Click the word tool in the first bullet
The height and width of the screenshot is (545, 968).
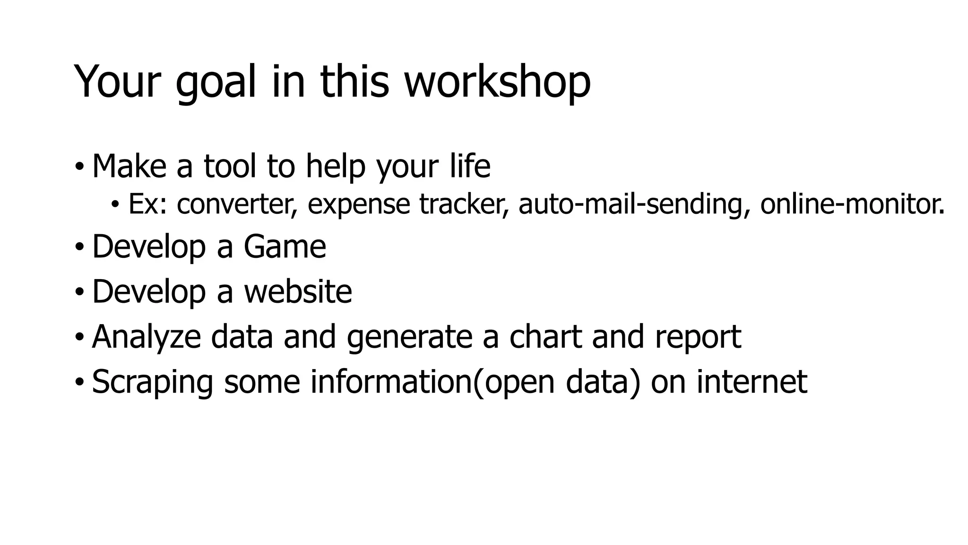[x=230, y=166]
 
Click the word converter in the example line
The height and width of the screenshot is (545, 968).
[x=237, y=204]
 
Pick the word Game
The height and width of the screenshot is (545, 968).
[x=285, y=247]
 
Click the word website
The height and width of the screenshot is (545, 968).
[x=298, y=291]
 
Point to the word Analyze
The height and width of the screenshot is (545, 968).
[x=146, y=337]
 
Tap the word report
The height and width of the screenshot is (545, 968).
[x=698, y=337]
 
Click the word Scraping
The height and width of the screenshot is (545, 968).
[x=152, y=382]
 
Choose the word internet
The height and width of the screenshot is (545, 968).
[x=752, y=382]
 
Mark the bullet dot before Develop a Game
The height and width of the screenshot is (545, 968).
[x=79, y=247]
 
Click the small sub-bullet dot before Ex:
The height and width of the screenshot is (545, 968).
[x=115, y=205]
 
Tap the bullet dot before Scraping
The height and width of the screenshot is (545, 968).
[x=79, y=382]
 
